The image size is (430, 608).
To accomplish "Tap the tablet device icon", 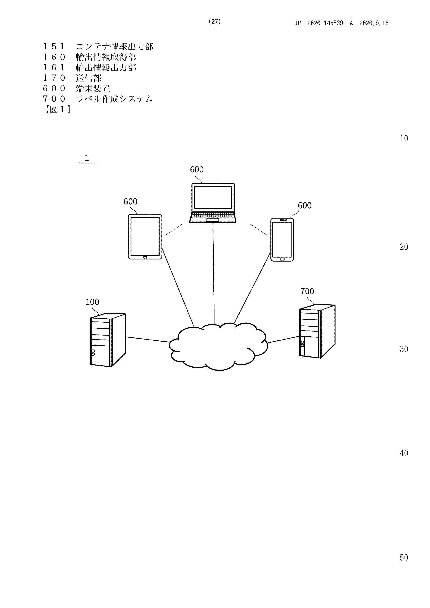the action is pyautogui.click(x=145, y=236).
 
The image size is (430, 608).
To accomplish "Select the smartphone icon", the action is pyautogui.click(x=282, y=240).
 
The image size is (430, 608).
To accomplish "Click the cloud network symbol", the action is pyautogui.click(x=218, y=346).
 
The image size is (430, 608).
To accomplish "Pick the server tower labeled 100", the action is pyautogui.click(x=108, y=340).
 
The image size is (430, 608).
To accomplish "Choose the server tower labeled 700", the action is pyautogui.click(x=317, y=331).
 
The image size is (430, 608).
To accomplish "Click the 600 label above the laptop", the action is pyautogui.click(x=197, y=170).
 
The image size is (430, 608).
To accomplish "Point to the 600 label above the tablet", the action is pyautogui.click(x=130, y=202).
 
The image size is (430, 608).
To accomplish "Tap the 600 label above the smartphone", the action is pyautogui.click(x=305, y=206).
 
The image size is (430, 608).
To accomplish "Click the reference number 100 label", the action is pyautogui.click(x=92, y=302).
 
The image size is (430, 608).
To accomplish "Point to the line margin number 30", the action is pyautogui.click(x=404, y=349).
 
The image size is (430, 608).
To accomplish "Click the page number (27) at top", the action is pyautogui.click(x=215, y=21).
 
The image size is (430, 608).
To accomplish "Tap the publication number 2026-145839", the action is pyautogui.click(x=325, y=23).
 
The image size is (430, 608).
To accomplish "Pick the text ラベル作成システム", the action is pyautogui.click(x=114, y=99).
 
